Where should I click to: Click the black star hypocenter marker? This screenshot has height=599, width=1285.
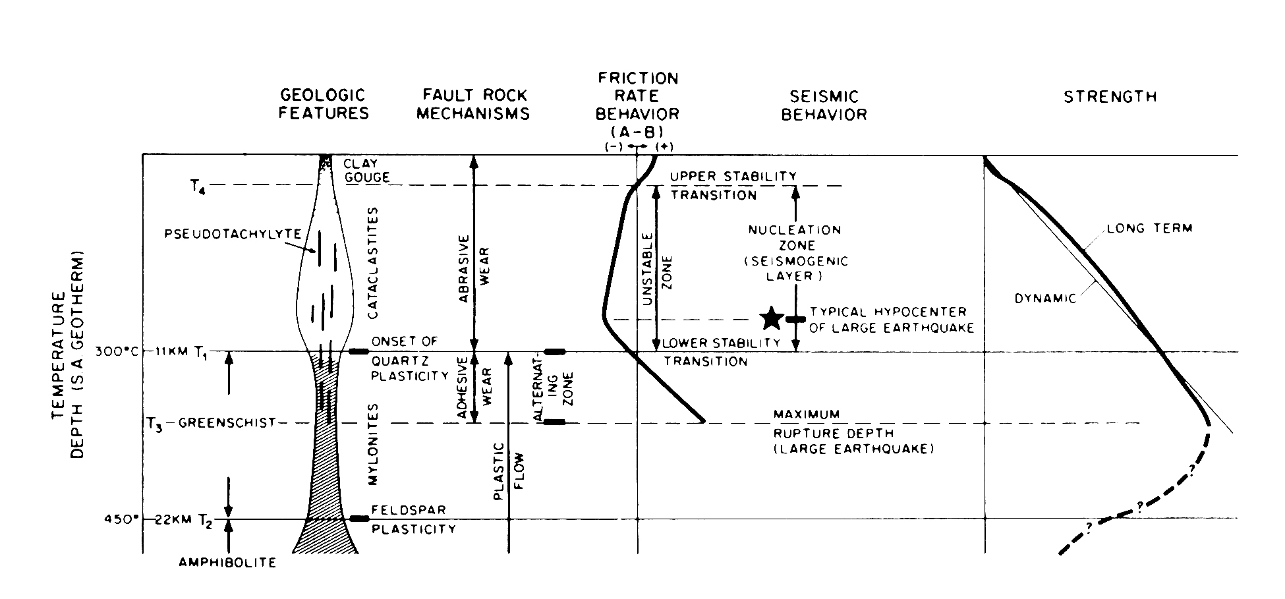click(772, 318)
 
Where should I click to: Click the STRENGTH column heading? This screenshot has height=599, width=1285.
click(1110, 97)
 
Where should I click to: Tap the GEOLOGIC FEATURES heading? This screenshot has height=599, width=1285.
click(323, 105)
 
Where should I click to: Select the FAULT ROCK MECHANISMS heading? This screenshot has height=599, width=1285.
click(473, 105)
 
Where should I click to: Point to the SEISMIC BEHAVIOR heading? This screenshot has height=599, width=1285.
click(824, 105)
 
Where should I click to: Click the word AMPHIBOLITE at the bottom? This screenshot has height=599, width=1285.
click(227, 563)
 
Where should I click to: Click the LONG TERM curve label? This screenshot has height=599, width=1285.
click(1149, 229)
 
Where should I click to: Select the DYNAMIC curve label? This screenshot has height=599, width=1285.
click(1044, 299)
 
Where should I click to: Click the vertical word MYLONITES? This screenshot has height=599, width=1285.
click(372, 455)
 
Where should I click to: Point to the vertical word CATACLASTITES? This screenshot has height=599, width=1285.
click(373, 263)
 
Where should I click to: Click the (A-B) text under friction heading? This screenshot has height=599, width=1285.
click(637, 130)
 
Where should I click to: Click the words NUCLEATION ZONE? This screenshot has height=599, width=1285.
click(795, 238)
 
